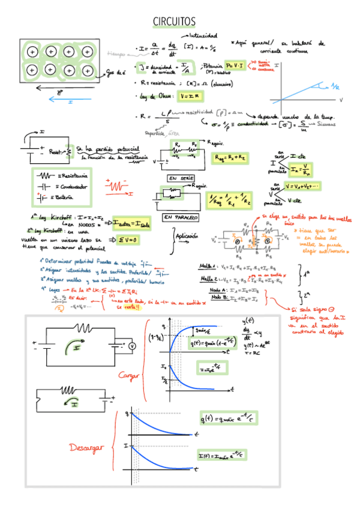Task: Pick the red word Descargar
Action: pyautogui.click(x=88, y=448)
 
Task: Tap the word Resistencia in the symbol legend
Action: pyautogui.click(x=75, y=176)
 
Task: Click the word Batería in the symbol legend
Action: pyautogui.click(x=71, y=197)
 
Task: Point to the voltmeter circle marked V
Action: pyautogui.click(x=133, y=346)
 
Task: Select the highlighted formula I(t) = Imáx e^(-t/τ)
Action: pyautogui.click(x=226, y=457)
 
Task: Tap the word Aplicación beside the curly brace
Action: pyautogui.click(x=187, y=236)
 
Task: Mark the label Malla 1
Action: pyautogui.click(x=205, y=265)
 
